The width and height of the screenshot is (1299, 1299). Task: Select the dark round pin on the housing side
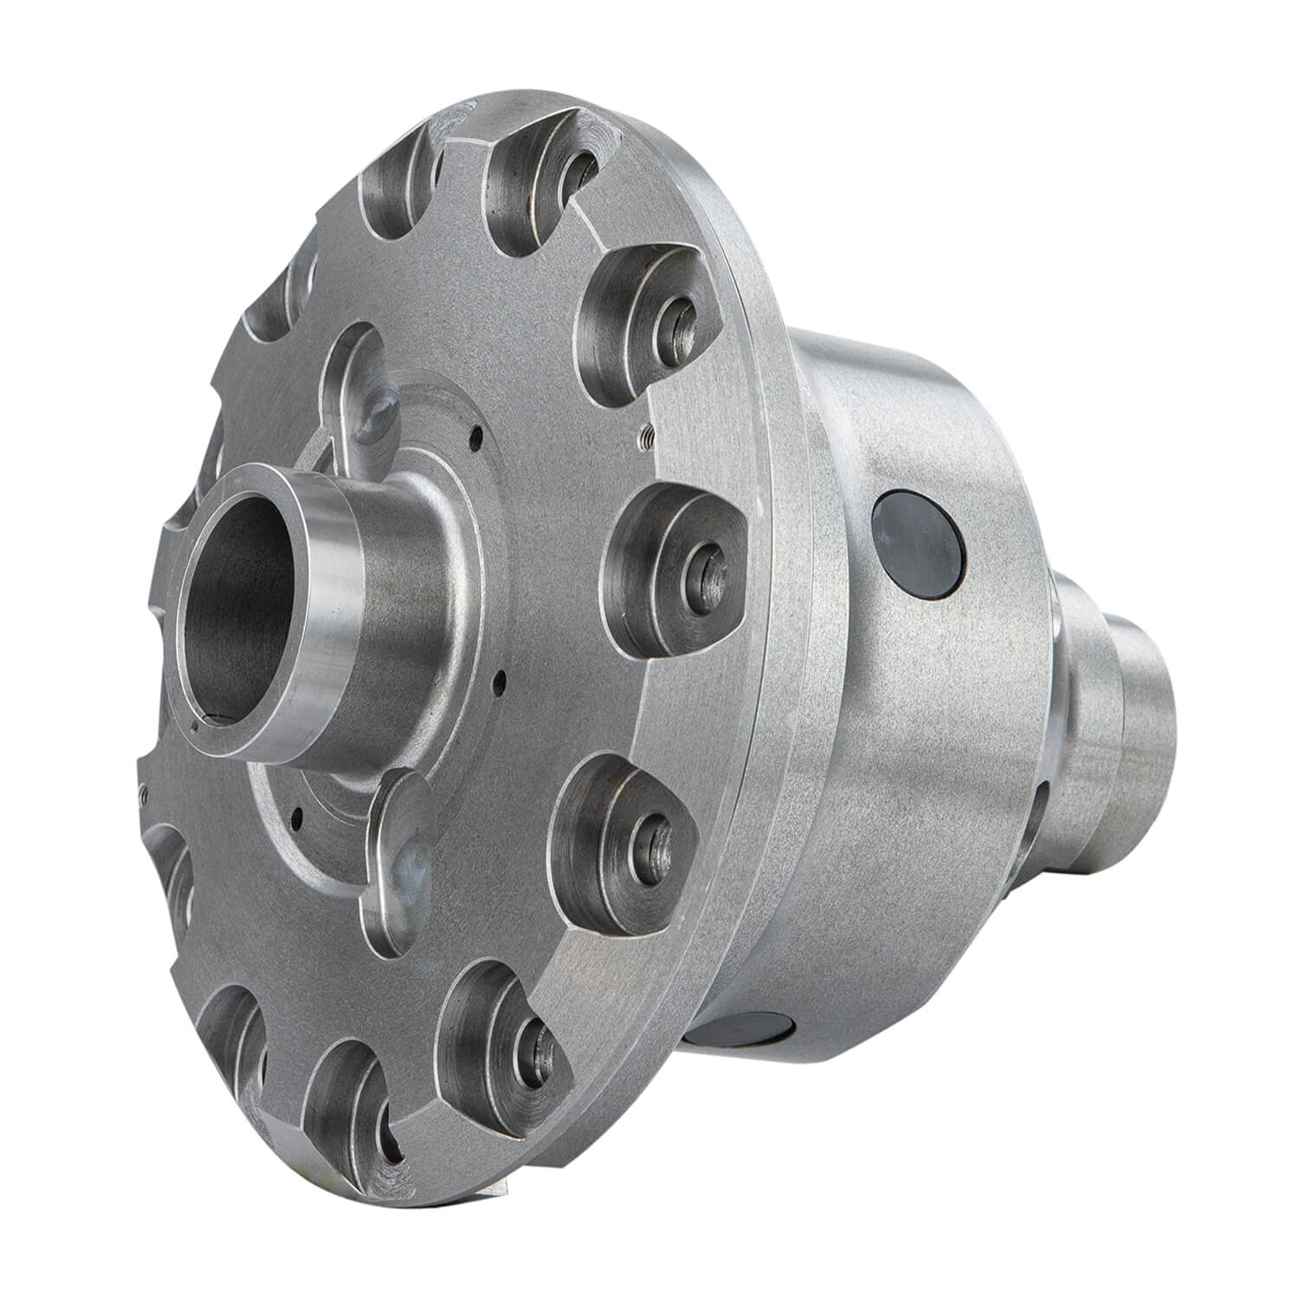pyautogui.click(x=918, y=545)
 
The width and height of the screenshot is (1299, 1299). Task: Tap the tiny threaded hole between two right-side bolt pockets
pyautogui.click(x=645, y=438)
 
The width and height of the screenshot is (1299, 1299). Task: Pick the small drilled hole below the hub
pyautogui.click(x=297, y=814)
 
